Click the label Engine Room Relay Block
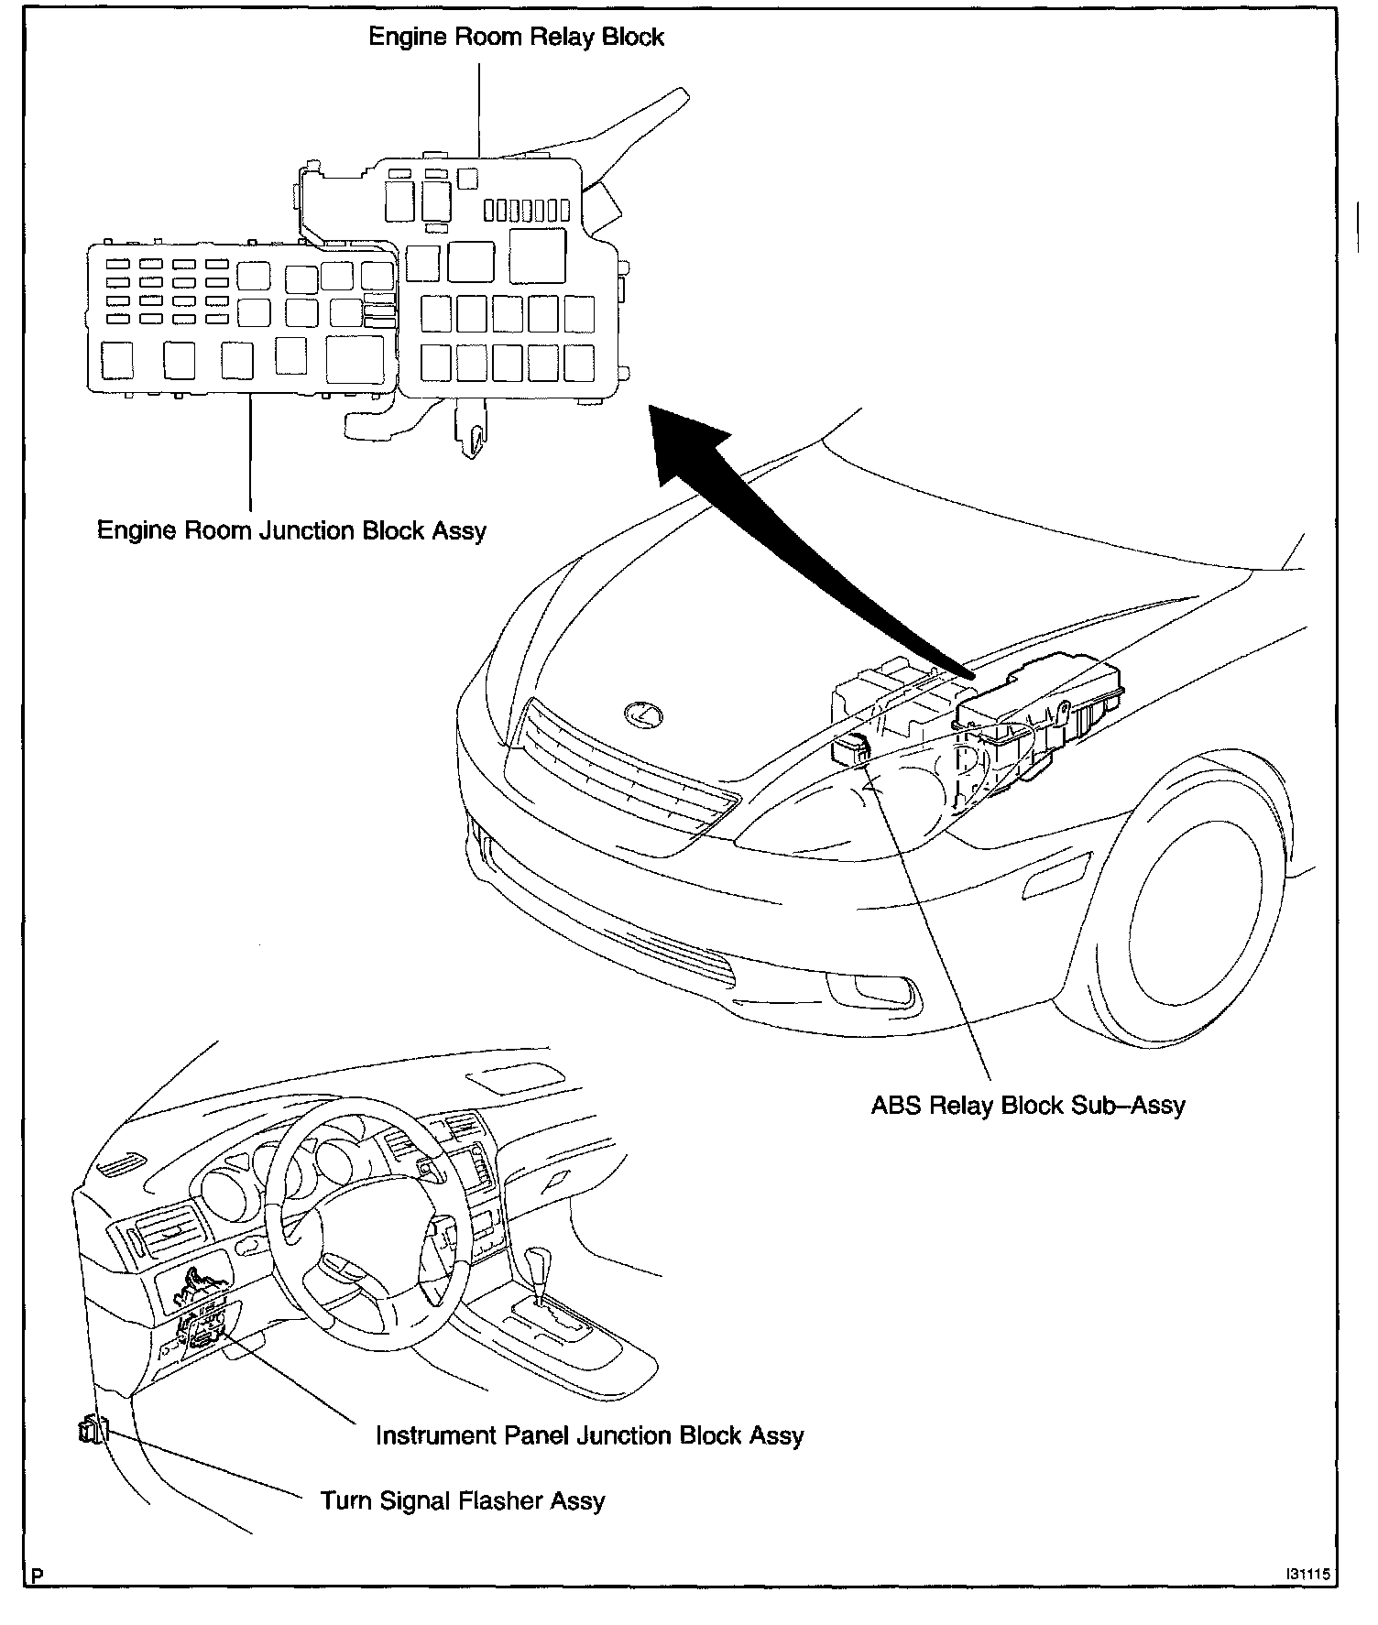[x=516, y=38]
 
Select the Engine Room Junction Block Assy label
[x=291, y=530]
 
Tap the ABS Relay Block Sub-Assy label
[x=1027, y=1106]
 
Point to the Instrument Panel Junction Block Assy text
[x=589, y=1435]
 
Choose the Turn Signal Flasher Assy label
[x=462, y=1501]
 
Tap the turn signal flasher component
[x=93, y=1429]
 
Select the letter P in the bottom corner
[x=37, y=1576]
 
